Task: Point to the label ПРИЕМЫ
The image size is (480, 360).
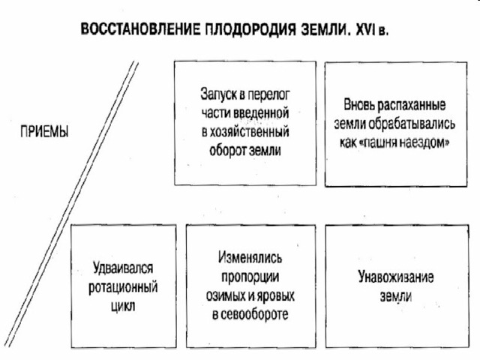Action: tap(44, 132)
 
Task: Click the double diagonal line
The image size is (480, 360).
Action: tap(71, 204)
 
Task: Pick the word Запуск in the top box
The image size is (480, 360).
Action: tap(219, 94)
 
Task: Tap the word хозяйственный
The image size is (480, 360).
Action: tap(249, 132)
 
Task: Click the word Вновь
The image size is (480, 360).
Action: tap(358, 105)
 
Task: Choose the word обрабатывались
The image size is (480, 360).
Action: tap(412, 124)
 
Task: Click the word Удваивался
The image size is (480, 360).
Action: tap(123, 268)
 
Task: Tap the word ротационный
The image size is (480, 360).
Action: tap(123, 287)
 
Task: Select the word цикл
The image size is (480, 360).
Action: tap(123, 306)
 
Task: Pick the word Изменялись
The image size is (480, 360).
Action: tap(250, 258)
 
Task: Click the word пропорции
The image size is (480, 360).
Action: tap(250, 277)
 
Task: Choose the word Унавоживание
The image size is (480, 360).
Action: tap(396, 277)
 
